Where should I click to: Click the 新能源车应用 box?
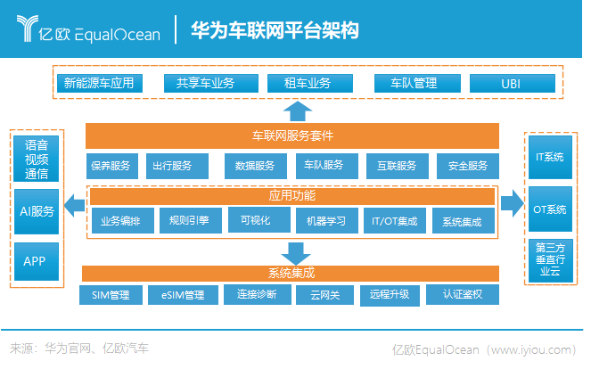point(98,83)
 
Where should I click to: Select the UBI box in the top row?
point(510,83)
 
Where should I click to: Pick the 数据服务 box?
point(255,166)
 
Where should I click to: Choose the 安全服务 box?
point(467,166)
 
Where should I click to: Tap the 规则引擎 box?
point(184,220)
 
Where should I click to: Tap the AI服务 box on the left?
point(37,211)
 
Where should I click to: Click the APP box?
point(36,261)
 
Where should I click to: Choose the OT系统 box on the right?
point(549,210)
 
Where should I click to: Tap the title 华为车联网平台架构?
point(275,32)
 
